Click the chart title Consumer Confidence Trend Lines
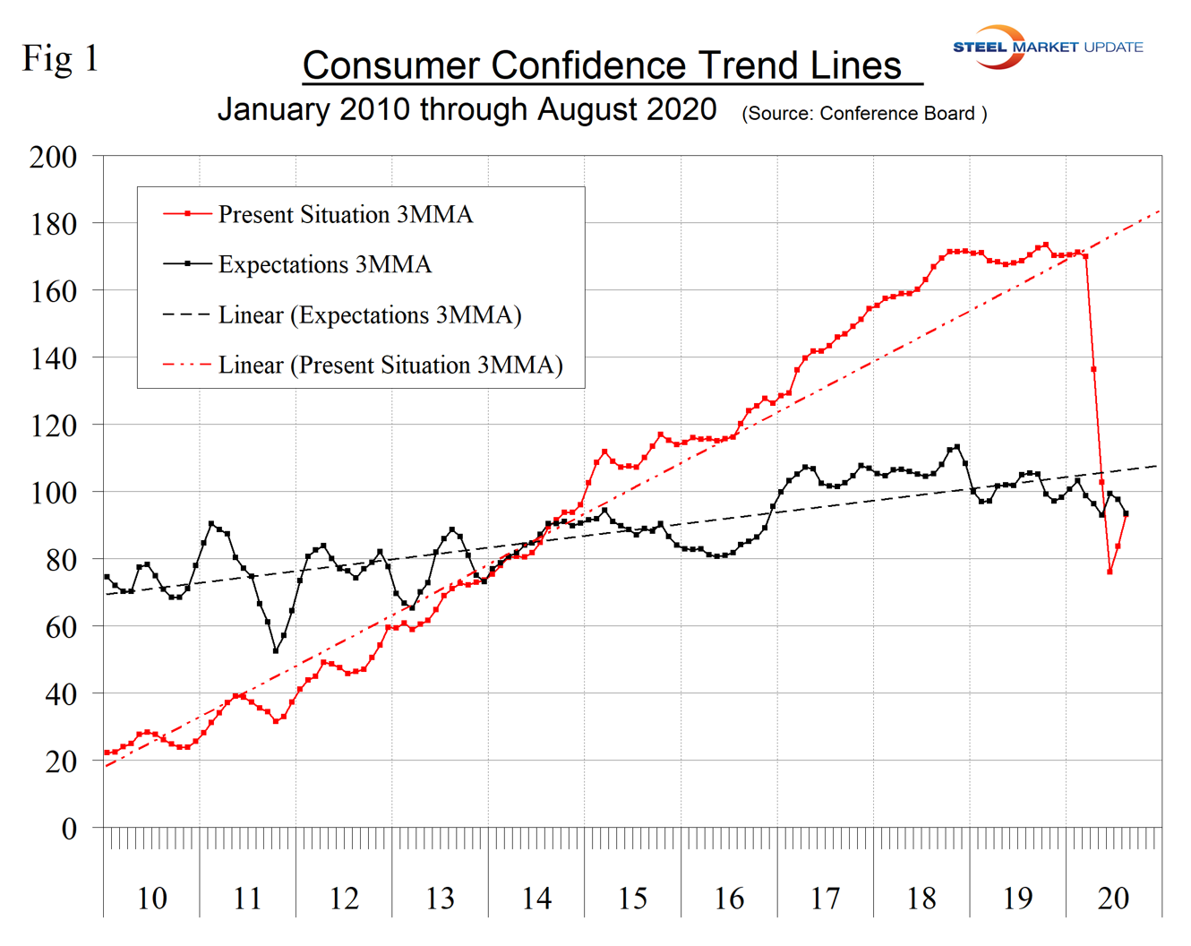pyautogui.click(x=602, y=65)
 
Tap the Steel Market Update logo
pyautogui.click(x=1048, y=47)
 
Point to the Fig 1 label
pyautogui.click(x=60, y=59)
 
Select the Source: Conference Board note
pyautogui.click(x=864, y=114)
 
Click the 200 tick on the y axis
pyautogui.click(x=53, y=157)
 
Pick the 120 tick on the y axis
pyautogui.click(x=53, y=426)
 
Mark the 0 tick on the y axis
pyautogui.click(x=68, y=829)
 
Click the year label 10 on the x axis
pyautogui.click(x=151, y=898)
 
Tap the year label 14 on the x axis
pyautogui.click(x=536, y=898)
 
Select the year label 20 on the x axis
pyautogui.click(x=1113, y=898)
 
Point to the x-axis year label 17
pyautogui.click(x=825, y=898)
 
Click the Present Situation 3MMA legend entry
pyautogui.click(x=345, y=215)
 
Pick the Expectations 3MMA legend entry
pyautogui.click(x=324, y=265)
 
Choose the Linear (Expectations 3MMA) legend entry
pyautogui.click(x=369, y=315)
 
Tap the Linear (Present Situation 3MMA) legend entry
pyautogui.click(x=390, y=365)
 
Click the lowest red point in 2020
pyautogui.click(x=1110, y=572)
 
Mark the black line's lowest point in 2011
pyautogui.click(x=276, y=651)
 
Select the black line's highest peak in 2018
pyautogui.click(x=957, y=446)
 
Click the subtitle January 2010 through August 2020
pyautogui.click(x=467, y=110)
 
